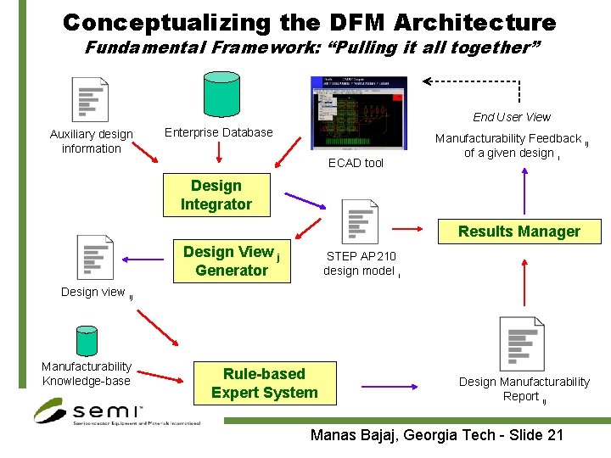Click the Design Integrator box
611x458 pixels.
[216, 195]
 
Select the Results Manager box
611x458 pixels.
[519, 232]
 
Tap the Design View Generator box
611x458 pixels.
[231, 261]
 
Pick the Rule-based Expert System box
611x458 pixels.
[264, 383]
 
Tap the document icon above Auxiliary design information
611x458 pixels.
[90, 99]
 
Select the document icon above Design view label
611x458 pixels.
[94, 257]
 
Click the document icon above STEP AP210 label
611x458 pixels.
[359, 221]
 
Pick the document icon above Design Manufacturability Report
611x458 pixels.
[521, 343]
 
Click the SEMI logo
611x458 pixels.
[89, 412]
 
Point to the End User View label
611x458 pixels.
[512, 117]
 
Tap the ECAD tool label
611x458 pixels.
[356, 163]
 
